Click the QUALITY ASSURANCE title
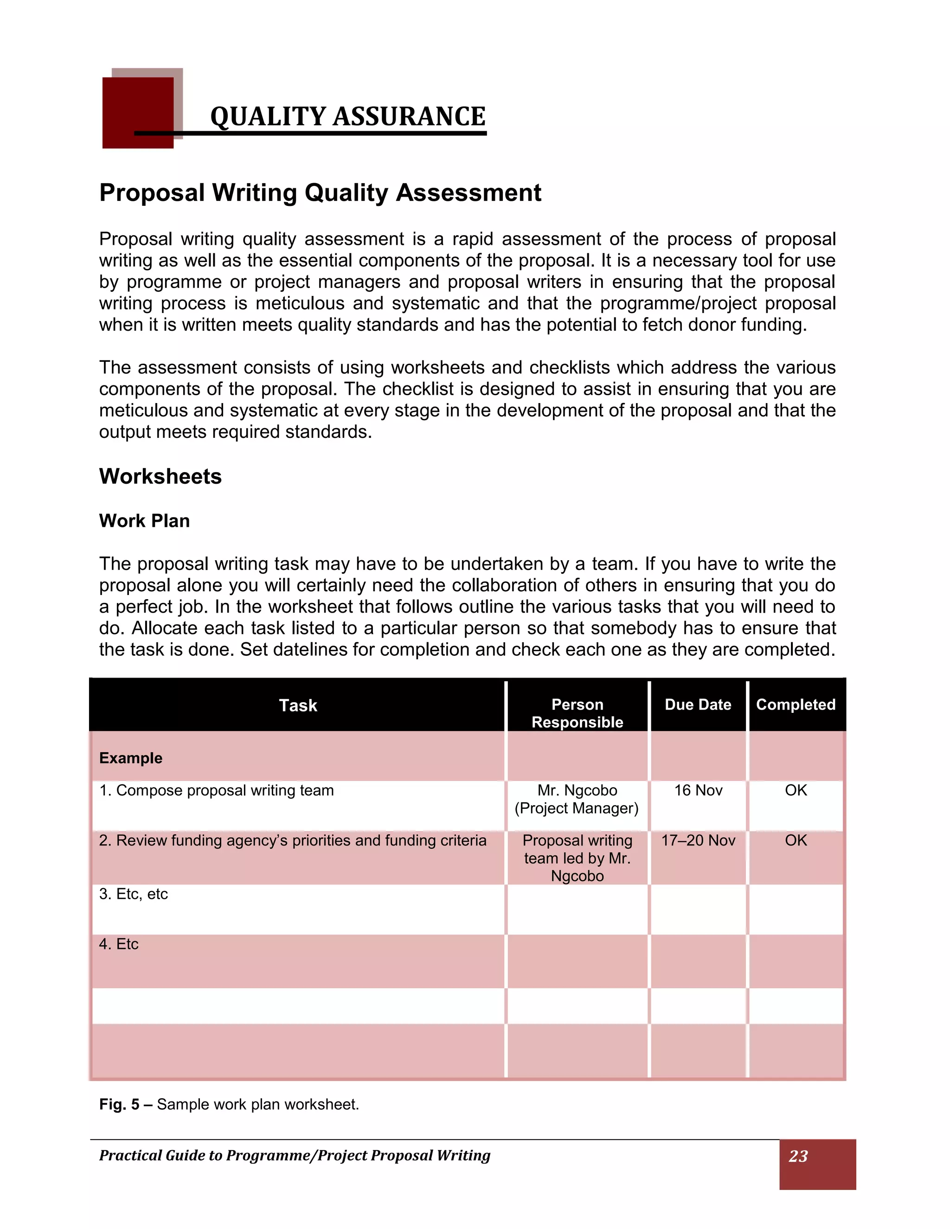(347, 116)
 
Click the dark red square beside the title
(137, 113)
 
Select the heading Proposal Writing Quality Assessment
(320, 192)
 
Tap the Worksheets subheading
(160, 477)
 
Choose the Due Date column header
(697, 704)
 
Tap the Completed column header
(795, 704)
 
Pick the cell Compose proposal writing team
(217, 791)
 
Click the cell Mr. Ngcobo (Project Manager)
(577, 799)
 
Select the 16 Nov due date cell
(698, 791)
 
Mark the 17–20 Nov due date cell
(698, 840)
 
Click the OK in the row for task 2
(795, 840)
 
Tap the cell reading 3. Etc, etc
(134, 894)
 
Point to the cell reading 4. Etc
(119, 944)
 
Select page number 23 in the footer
(798, 1156)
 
